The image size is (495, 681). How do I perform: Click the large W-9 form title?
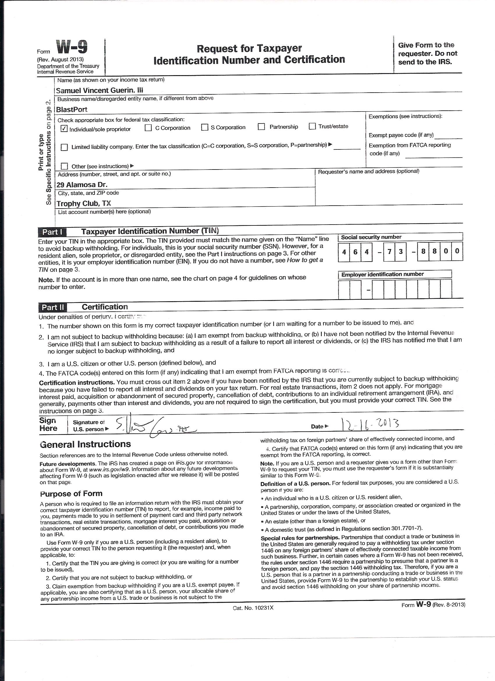pyautogui.click(x=72, y=47)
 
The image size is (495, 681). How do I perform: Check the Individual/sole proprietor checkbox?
pyautogui.click(x=64, y=129)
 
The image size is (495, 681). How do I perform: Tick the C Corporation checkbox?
pyautogui.click(x=148, y=128)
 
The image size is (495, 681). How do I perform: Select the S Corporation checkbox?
pyautogui.click(x=205, y=127)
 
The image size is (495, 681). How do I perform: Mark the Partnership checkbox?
pyautogui.click(x=261, y=127)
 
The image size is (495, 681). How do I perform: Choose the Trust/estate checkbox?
pyautogui.click(x=312, y=126)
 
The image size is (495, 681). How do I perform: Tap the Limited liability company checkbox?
pyautogui.click(x=64, y=147)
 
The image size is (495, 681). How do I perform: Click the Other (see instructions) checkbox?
pyautogui.click(x=64, y=166)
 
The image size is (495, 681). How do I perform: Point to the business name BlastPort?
pyautogui.click(x=72, y=109)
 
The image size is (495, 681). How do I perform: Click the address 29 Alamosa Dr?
pyautogui.click(x=82, y=184)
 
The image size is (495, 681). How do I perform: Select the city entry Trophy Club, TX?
pyautogui.click(x=84, y=204)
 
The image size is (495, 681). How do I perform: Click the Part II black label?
pyautogui.click(x=53, y=308)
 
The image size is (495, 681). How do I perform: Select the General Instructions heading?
pyautogui.click(x=85, y=444)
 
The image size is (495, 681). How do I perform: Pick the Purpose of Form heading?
pyautogui.click(x=71, y=494)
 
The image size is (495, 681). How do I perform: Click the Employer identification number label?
pyautogui.click(x=382, y=274)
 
